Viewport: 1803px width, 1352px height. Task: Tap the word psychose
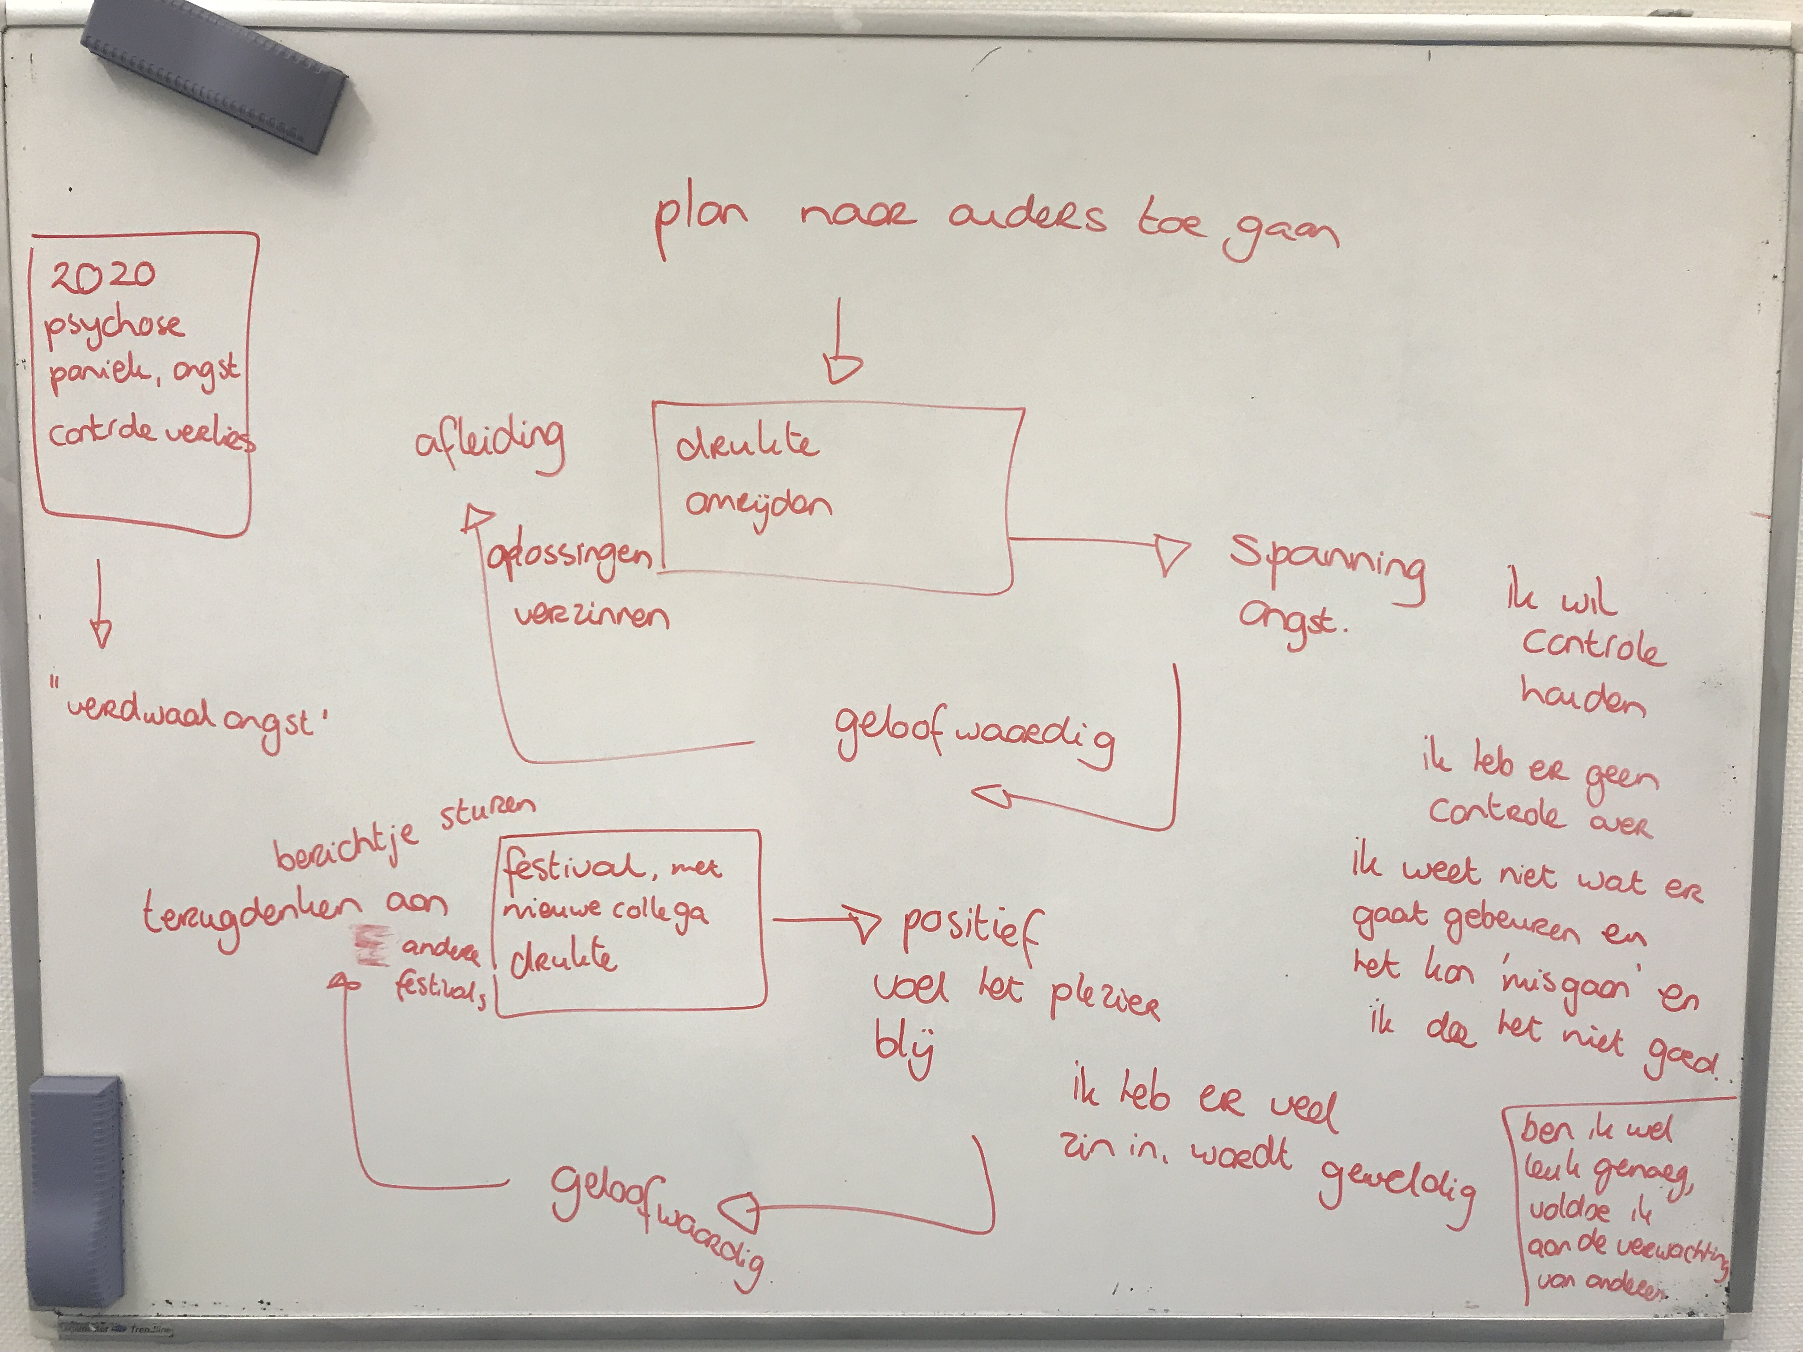pyautogui.click(x=114, y=326)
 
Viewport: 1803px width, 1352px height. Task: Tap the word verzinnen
pyautogui.click(x=591, y=615)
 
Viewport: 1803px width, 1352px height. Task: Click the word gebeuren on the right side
pyautogui.click(x=1512, y=927)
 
